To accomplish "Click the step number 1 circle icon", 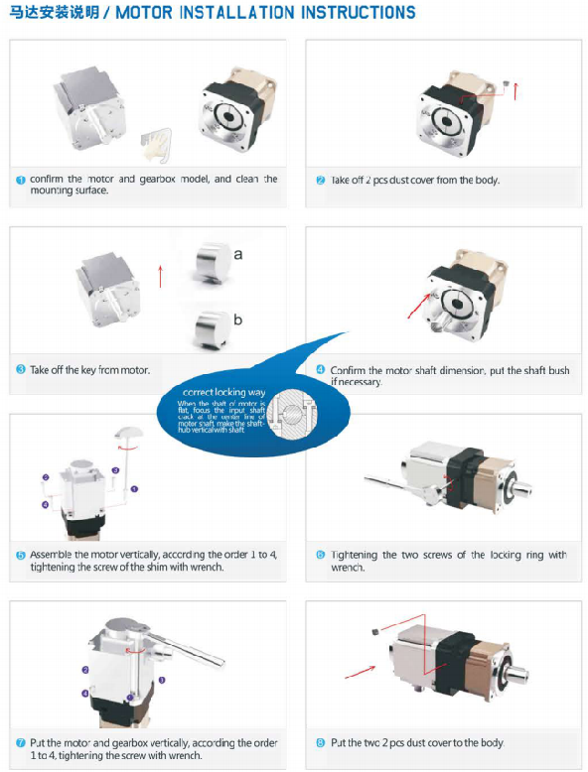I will point(20,180).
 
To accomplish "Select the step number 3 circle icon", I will point(20,370).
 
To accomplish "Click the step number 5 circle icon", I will point(20,555).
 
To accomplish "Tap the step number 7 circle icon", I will point(20,742).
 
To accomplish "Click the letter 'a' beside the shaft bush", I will point(238,254).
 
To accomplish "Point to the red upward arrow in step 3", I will point(160,276).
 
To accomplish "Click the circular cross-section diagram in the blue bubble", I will point(294,411).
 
